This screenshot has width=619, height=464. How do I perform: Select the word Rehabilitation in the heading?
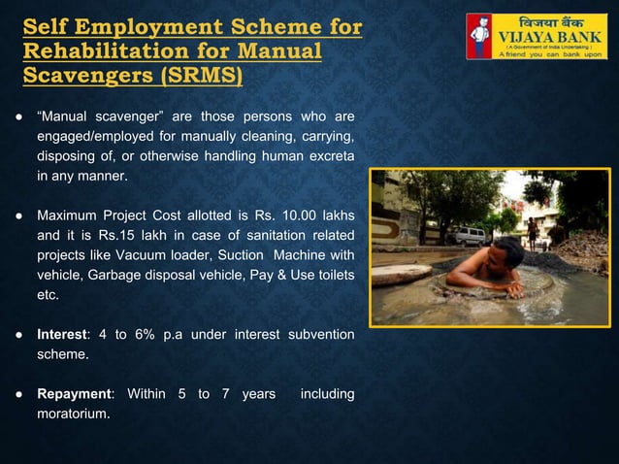[x=106, y=50]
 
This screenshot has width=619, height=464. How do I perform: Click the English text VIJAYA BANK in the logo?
[x=550, y=39]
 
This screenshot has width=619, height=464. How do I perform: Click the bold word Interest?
[x=61, y=335]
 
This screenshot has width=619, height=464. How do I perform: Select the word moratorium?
[x=73, y=414]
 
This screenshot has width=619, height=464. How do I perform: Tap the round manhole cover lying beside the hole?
[x=400, y=275]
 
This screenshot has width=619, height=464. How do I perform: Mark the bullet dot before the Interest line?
[x=18, y=335]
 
